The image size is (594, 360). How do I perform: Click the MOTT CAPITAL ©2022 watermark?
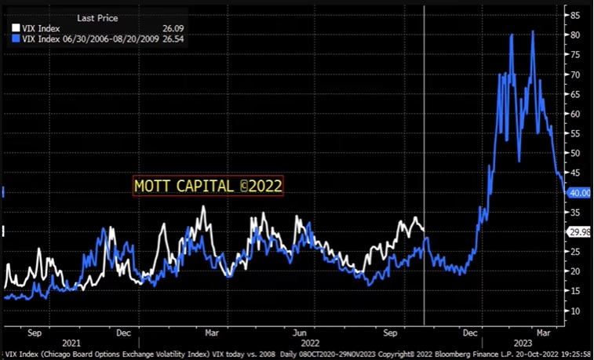coord(208,186)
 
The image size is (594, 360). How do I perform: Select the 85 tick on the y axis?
coord(575,15)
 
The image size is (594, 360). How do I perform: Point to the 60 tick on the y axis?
coord(575,114)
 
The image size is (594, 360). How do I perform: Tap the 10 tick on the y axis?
coord(575,311)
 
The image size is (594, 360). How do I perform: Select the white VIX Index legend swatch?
coord(16,28)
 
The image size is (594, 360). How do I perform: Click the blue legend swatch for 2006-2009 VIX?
coord(16,37)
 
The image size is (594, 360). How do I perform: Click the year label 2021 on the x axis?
coord(71,343)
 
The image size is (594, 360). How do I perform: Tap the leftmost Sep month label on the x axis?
coord(35,332)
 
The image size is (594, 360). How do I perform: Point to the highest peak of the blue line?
coord(533,32)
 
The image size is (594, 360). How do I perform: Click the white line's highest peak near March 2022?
coord(203,207)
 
